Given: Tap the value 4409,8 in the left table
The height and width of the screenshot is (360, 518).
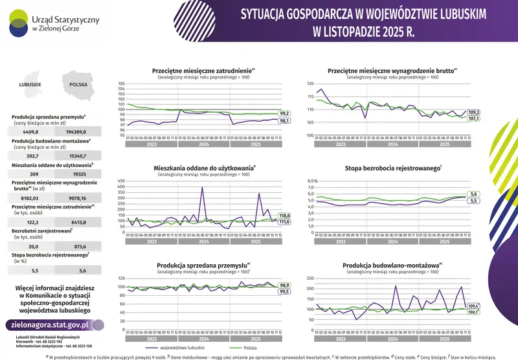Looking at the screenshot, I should [31, 131].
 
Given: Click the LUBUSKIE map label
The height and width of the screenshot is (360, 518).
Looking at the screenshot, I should [30, 84].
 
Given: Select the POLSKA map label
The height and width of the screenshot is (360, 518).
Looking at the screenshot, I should [78, 84].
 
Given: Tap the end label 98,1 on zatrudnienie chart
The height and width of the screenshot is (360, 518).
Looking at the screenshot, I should [284, 121].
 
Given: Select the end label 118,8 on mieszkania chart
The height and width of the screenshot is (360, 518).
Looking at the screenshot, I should [284, 215].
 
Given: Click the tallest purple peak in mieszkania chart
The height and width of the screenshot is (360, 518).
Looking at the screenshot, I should [202, 188].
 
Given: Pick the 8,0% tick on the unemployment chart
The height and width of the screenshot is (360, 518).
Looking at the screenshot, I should [312, 181].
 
